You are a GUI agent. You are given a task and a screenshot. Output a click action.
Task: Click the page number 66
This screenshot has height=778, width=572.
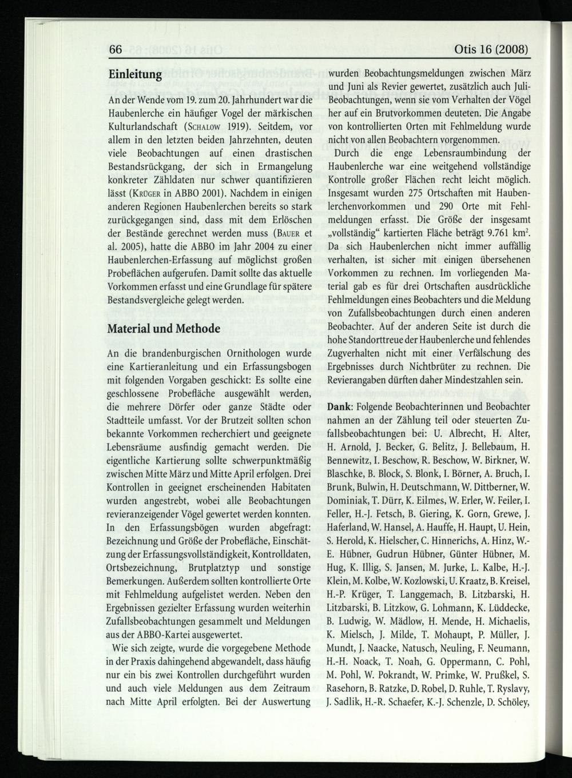point(115,50)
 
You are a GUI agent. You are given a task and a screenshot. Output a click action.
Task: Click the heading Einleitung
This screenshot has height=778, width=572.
point(135,76)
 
